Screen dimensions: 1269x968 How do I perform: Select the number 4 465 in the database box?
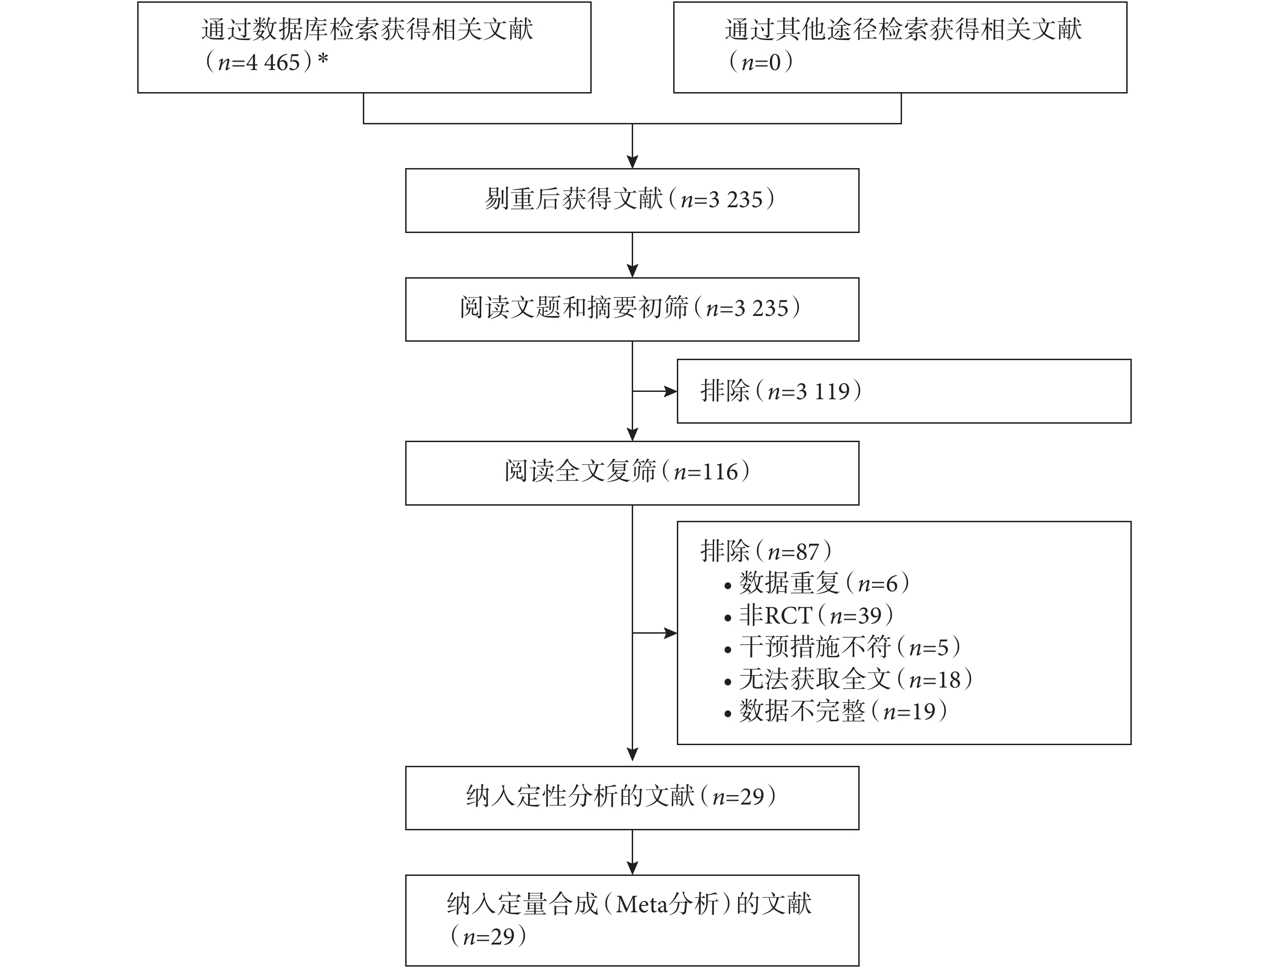pyautogui.click(x=273, y=62)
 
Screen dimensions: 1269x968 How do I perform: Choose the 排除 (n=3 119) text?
pyautogui.click(x=781, y=391)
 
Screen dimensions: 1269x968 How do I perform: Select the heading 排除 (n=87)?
pyautogui.click(x=766, y=551)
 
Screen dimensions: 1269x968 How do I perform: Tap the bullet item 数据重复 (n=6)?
pyautogui.click(x=817, y=583)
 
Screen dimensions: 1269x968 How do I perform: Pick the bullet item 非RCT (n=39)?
pyautogui.click(x=809, y=615)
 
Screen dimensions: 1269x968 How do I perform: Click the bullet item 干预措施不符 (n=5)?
pyautogui.click(x=842, y=647)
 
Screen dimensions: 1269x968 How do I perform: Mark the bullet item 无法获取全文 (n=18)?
pyautogui.click(x=849, y=679)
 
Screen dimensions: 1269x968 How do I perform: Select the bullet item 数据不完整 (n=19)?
pyautogui.click(x=836, y=711)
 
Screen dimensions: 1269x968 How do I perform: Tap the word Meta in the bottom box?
pyautogui.click(x=642, y=904)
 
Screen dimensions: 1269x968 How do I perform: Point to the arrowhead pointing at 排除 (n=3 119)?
pyautogui.click(x=670, y=391)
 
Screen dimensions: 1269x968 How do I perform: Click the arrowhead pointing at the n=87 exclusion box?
pyautogui.click(x=670, y=633)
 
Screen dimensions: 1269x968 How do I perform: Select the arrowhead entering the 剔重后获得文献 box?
pyautogui.click(x=633, y=162)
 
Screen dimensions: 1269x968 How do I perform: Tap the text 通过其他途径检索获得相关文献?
pyautogui.click(x=903, y=30)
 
